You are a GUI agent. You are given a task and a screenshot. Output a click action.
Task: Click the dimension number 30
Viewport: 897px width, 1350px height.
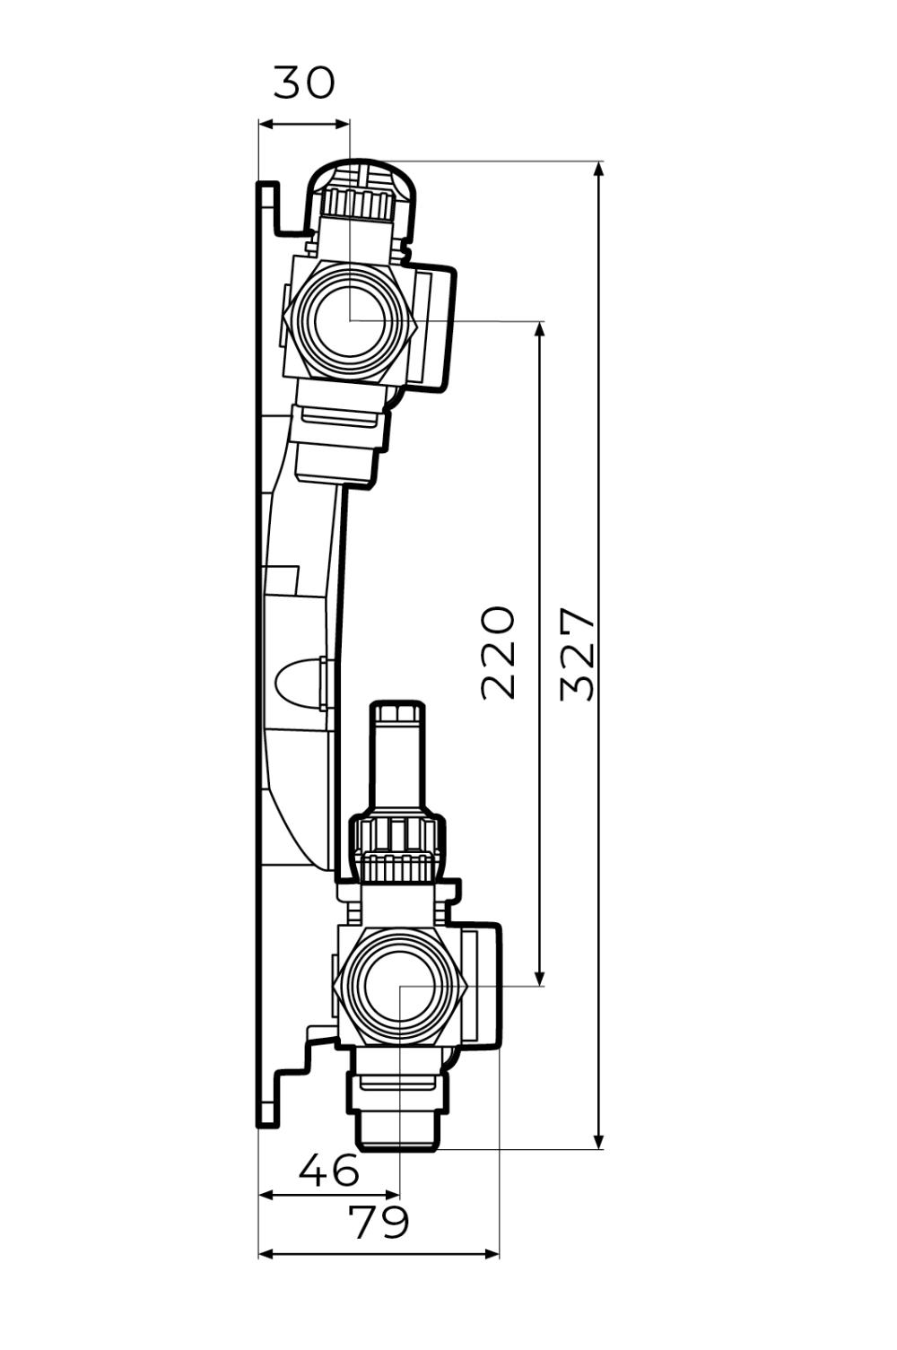304,83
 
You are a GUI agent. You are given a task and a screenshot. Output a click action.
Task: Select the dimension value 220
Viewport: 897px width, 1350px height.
499,652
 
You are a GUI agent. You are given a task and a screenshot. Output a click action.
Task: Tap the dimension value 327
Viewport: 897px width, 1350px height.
578,654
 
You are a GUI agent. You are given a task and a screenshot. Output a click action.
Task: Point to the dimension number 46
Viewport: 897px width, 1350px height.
329,1171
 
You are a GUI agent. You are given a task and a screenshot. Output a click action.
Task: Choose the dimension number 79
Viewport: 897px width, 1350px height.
379,1223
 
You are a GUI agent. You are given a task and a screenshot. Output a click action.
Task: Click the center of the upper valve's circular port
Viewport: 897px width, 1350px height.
351,319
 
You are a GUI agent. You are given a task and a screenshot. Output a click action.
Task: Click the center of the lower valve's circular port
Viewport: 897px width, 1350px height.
400,985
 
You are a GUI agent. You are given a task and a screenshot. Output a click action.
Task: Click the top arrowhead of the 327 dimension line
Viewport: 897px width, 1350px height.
599,168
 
